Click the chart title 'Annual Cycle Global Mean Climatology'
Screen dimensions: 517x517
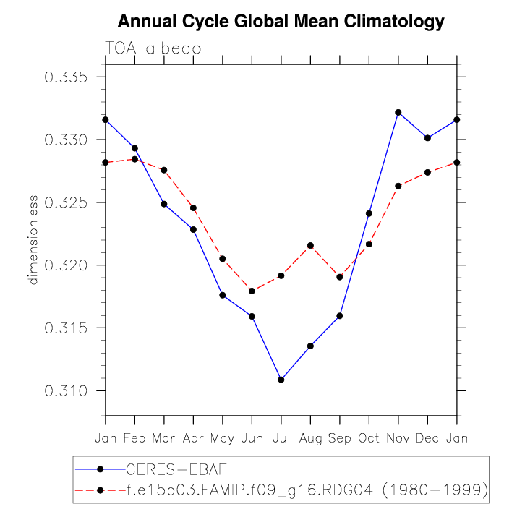281,22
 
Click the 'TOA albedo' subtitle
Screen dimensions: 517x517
153,48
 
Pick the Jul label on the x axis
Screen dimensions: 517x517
281,439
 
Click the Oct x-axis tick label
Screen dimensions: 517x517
369,439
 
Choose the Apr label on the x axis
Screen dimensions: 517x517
193,439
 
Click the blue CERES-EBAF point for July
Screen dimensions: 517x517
281,380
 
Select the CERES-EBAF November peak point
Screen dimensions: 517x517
398,112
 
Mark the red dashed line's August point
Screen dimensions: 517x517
310,246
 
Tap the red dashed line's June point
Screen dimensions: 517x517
252,291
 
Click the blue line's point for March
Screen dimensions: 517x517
164,204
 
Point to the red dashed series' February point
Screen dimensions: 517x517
134,159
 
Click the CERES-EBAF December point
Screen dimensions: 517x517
427,137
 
